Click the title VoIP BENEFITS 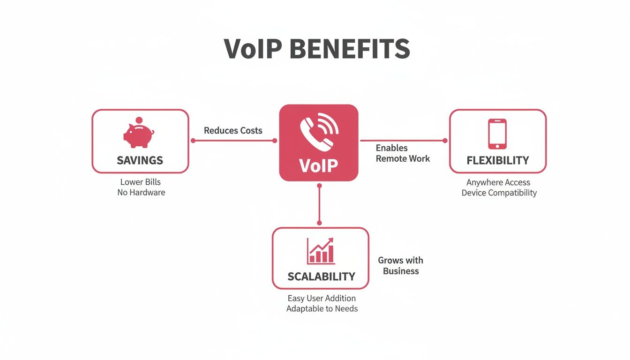coord(317,49)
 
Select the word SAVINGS coord(140,160)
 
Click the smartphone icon coord(497,134)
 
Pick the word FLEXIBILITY coord(498,161)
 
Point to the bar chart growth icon coord(321,251)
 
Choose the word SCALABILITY coord(321,276)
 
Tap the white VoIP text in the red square coord(318,165)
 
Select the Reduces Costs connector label coord(233,130)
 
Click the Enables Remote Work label coord(402,153)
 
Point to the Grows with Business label coord(400,265)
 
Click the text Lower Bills coord(140,182)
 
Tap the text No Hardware coord(141,192)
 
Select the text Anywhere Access coord(498,182)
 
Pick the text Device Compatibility coord(499,193)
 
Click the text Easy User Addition coord(321,298)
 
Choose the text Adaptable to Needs coord(322,308)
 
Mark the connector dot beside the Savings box coord(193,141)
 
